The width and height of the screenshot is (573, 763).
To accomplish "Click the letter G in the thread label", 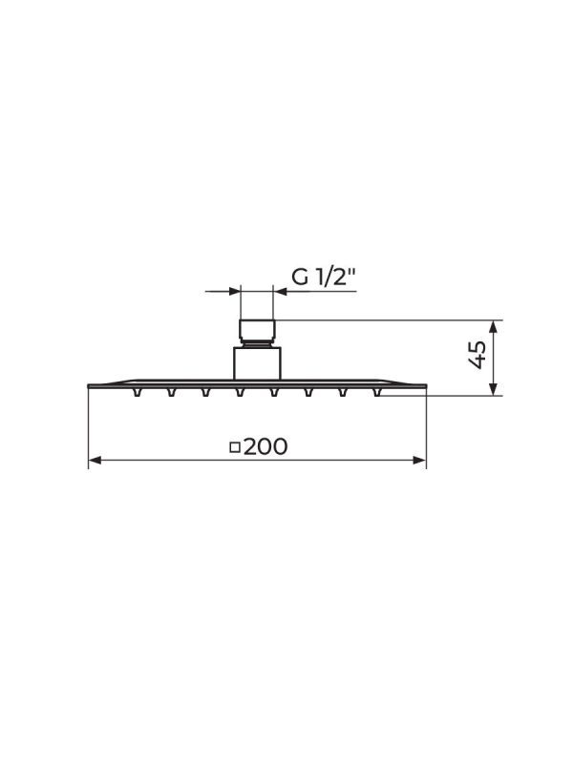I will click(x=301, y=278).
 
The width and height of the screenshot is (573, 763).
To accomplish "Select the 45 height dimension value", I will click(x=478, y=357).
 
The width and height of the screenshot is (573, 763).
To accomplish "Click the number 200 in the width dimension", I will click(x=265, y=446).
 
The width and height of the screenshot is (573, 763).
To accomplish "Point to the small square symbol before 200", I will click(x=235, y=446).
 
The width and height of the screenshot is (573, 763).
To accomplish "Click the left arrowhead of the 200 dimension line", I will click(x=95, y=461).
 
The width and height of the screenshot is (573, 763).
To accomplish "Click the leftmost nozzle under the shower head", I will click(x=138, y=391).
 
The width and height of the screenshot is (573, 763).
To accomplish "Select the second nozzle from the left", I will click(x=171, y=391).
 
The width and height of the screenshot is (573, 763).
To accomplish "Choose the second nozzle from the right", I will click(x=342, y=391).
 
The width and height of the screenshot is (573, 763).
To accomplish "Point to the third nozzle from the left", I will click(x=205, y=391).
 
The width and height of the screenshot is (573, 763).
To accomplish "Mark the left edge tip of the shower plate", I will click(x=90, y=385).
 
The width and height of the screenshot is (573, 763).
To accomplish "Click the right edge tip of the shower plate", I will click(x=425, y=385).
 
